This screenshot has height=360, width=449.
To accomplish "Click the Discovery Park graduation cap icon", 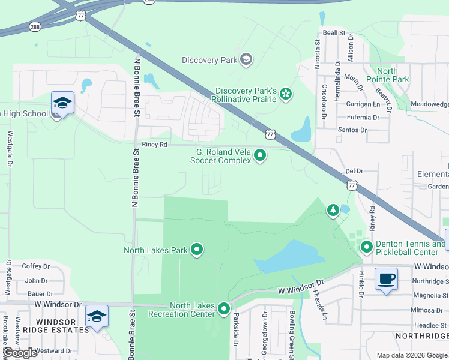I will pos(246,59).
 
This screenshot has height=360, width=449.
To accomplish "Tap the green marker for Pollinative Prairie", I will pos(286,94).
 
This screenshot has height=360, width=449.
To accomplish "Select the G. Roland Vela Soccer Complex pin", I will pos(260,155).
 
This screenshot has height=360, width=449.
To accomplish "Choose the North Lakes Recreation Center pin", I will pos(224,309).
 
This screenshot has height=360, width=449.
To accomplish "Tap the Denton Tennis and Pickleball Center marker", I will pos(366,247).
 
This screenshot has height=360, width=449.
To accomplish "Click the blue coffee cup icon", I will pos(385,279).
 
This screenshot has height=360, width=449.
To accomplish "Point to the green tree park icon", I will pos(333,210).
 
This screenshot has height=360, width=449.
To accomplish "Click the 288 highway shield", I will pos(35,26).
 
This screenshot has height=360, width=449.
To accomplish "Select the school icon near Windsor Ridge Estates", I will pos(96,316).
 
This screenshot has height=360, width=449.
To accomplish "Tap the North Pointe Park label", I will pos(387,75).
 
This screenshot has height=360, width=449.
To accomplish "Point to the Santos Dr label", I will pos(352,130).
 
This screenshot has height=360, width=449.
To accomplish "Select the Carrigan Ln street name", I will pos(363,104).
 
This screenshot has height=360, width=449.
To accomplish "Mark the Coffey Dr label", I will pos(35,266).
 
